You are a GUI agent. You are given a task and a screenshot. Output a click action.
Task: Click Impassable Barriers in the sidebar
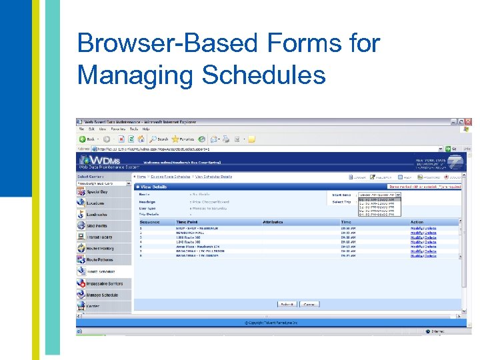(104, 283)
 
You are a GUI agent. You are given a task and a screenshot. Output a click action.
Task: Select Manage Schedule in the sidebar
(102, 295)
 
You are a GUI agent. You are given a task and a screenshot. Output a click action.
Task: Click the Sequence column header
(150, 222)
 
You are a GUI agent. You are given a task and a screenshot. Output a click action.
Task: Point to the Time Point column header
(187, 222)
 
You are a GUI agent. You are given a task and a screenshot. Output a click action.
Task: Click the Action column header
(417, 222)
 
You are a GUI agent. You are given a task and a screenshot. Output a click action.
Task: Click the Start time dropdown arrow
(399, 195)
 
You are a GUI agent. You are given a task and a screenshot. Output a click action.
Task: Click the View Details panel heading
(155, 187)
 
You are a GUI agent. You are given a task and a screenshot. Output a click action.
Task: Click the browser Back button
(87, 139)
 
